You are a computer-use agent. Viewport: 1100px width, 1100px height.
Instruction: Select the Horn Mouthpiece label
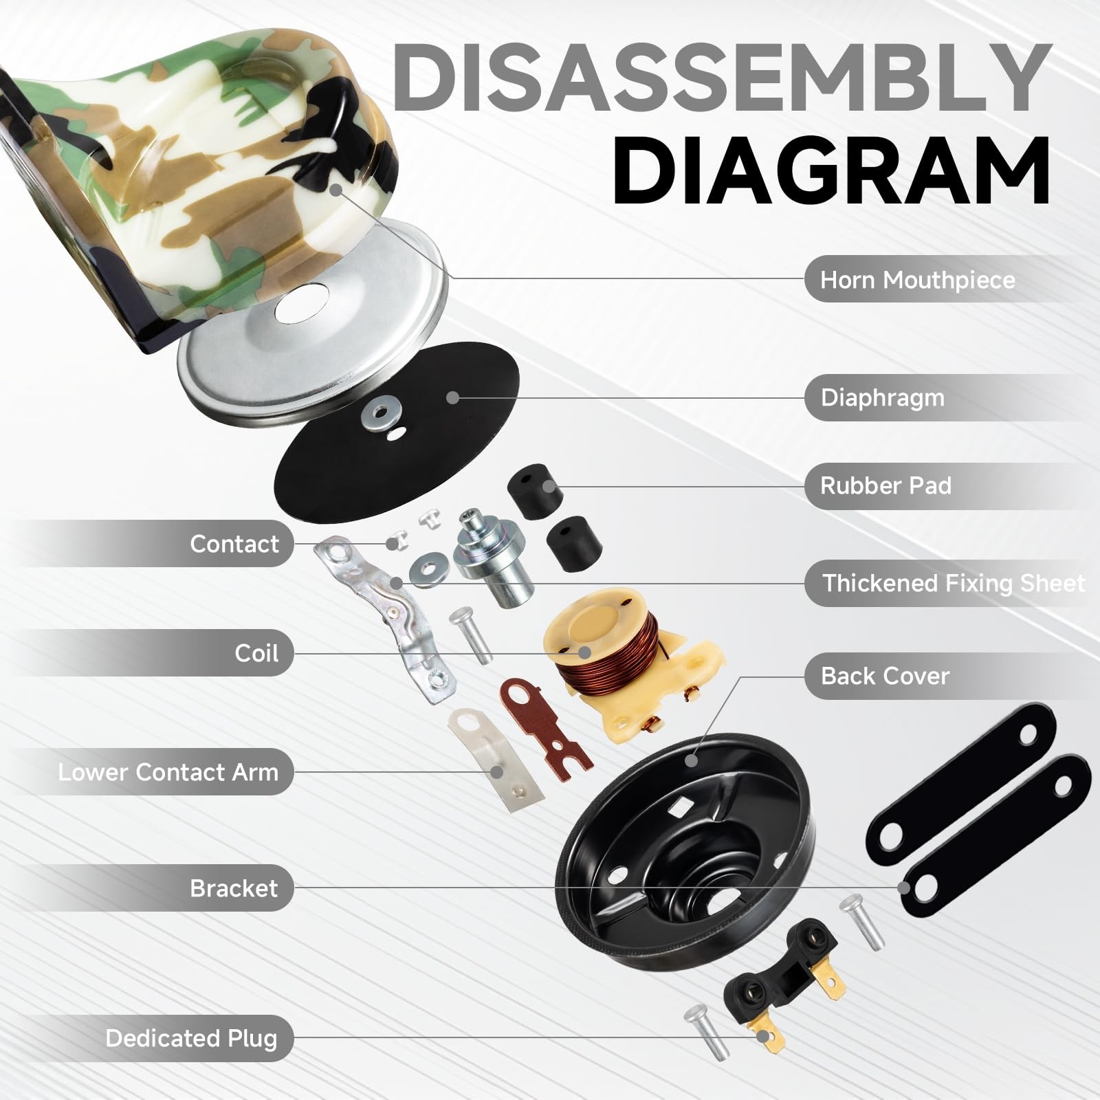click(x=917, y=280)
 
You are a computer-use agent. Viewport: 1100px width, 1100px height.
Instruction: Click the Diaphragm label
click(x=883, y=397)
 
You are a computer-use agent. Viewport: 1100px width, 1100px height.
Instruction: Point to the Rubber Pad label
click(x=885, y=486)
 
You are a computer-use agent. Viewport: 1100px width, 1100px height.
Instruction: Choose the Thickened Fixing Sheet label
click(x=954, y=583)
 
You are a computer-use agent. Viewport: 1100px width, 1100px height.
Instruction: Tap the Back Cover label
click(x=885, y=676)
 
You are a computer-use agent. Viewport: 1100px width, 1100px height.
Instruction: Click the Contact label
click(x=234, y=544)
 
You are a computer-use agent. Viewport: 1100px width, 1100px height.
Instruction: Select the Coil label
click(x=256, y=652)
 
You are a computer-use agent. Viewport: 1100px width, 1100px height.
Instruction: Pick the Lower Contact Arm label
click(x=168, y=772)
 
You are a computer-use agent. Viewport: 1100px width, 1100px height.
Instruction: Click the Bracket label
click(x=234, y=888)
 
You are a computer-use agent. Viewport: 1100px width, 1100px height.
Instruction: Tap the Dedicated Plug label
click(x=191, y=1038)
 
